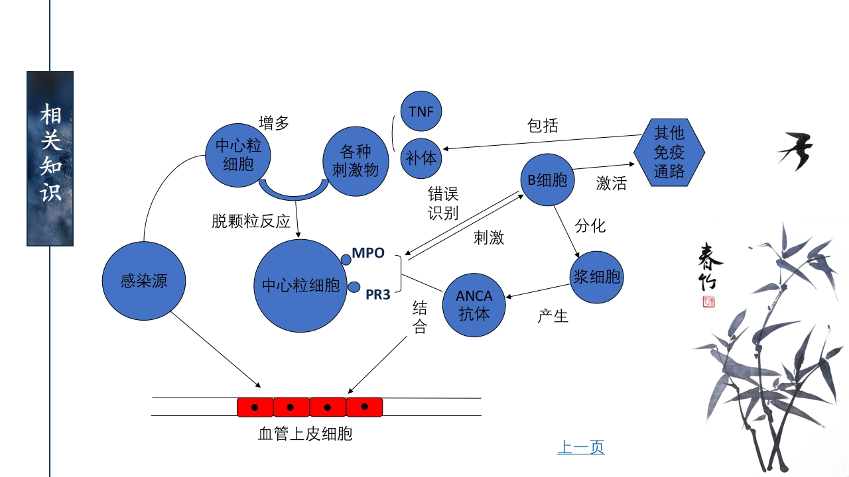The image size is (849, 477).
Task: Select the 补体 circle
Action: (421, 159)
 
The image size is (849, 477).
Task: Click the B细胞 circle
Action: (547, 180)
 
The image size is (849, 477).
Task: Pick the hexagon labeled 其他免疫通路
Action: (669, 152)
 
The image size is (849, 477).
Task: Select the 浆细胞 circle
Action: (597, 277)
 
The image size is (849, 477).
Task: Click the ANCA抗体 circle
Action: (474, 305)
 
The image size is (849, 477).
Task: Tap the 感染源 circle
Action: (144, 282)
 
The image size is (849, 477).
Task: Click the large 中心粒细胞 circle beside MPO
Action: (300, 286)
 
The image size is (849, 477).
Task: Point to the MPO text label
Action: (368, 253)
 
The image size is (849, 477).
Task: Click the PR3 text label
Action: (378, 295)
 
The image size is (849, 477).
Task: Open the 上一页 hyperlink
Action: (580, 448)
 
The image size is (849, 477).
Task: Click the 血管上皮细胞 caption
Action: (304, 435)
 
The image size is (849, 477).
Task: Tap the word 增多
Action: (274, 124)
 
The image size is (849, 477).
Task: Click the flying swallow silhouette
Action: (796, 150)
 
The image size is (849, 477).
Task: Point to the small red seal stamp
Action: (709, 302)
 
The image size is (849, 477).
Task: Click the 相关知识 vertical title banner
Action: (50, 158)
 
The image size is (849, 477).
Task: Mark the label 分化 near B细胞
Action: (590, 226)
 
